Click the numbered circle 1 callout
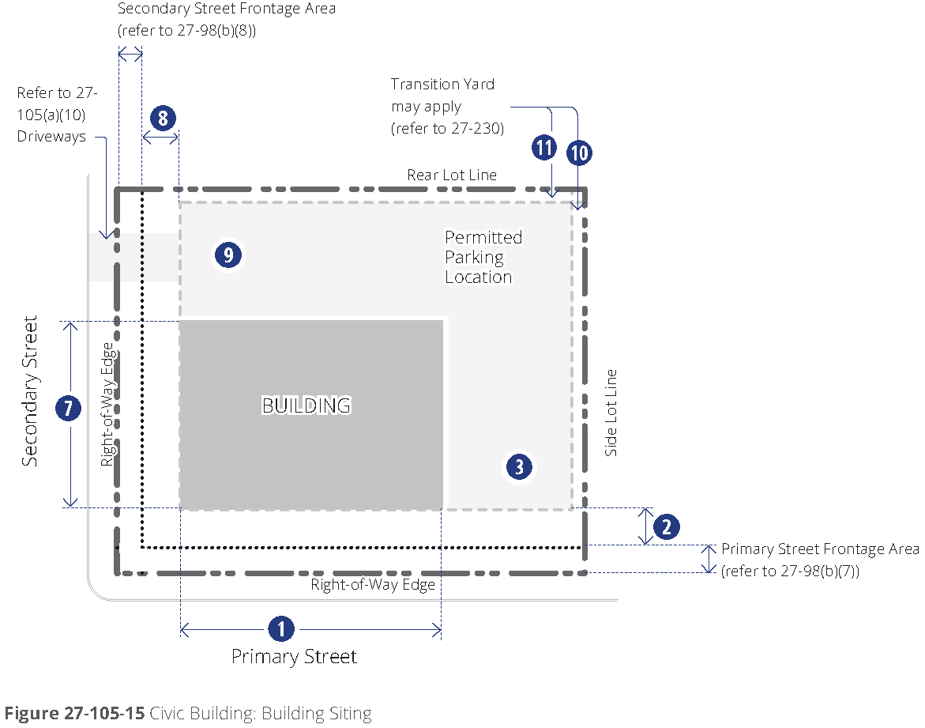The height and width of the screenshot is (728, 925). [x=281, y=629]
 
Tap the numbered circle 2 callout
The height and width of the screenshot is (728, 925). [x=667, y=526]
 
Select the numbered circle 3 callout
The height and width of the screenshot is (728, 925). [x=519, y=466]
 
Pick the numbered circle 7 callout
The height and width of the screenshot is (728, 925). [x=69, y=409]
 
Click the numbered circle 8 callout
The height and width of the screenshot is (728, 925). [x=162, y=119]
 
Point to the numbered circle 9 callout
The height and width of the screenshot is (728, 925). [x=227, y=255]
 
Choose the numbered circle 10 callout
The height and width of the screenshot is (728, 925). [x=579, y=152]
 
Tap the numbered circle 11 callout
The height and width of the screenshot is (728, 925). [x=543, y=147]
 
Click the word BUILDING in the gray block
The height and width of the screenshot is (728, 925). [x=306, y=405]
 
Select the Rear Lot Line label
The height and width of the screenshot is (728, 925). [x=452, y=175]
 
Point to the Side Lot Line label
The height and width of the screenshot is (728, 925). [x=611, y=413]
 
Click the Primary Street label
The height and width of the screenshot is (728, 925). [x=294, y=657]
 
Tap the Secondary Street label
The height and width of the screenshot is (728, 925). [x=30, y=391]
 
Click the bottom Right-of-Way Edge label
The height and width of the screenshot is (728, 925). [x=373, y=585]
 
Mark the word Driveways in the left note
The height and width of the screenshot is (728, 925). [x=51, y=137]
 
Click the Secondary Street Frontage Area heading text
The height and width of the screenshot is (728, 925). [x=226, y=9]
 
